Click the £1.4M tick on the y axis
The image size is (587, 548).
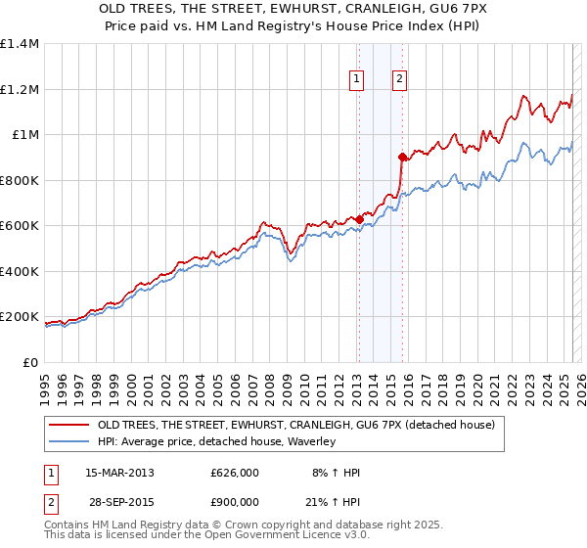coord(21,44)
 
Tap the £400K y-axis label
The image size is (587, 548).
coord(21,271)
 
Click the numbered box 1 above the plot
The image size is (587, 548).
coord(356,80)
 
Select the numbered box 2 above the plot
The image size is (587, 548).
coord(401,80)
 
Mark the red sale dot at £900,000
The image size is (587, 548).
coord(402,157)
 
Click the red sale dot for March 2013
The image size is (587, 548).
coord(358,219)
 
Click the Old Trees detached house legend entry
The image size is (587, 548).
coord(295,425)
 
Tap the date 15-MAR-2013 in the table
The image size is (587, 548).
coord(120,473)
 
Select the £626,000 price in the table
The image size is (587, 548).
coord(235,473)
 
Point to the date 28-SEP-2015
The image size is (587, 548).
coord(120,504)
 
